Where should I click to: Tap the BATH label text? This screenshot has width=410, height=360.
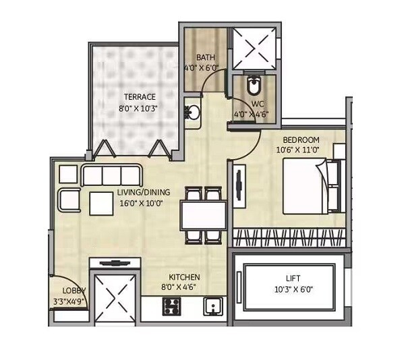click(205, 58)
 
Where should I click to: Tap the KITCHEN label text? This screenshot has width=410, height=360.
click(185, 277)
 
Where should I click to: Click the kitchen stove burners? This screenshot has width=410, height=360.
click(171, 307)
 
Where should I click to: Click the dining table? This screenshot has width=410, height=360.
click(202, 215)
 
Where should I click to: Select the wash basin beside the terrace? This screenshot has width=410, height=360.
click(192, 113)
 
